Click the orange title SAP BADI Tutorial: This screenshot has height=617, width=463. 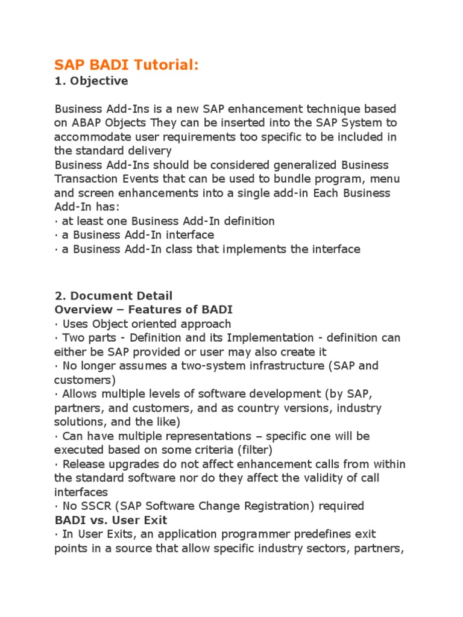coord(127,65)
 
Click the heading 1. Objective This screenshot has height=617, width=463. coord(91,81)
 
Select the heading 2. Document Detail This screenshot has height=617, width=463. coord(113,296)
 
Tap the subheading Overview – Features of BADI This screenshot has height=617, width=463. coord(143,310)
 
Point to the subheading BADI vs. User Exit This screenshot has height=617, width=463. coord(111,519)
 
